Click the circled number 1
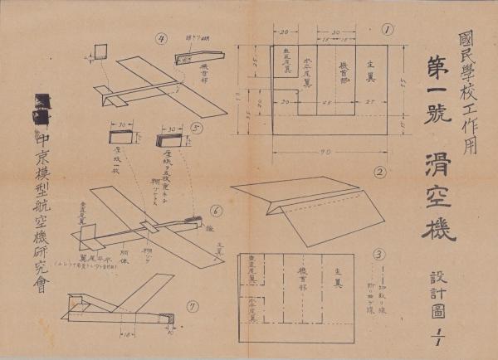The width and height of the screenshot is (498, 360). pos(387,31)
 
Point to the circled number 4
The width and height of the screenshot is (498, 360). pos(162,38)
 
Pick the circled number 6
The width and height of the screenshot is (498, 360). pos(215,210)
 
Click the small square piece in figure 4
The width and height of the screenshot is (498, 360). pos(101,51)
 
